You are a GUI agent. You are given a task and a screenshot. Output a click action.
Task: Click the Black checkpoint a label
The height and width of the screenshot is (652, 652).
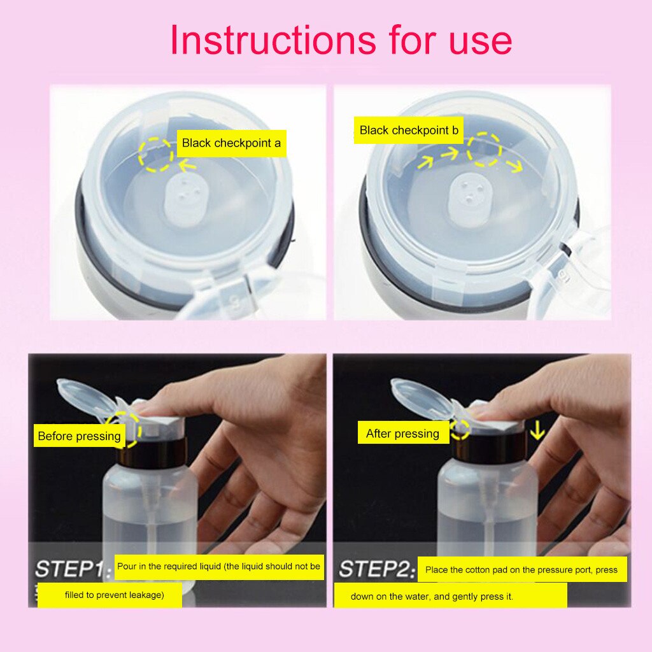click(x=231, y=143)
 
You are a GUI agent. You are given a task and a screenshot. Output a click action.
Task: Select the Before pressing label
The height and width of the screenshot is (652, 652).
click(x=79, y=436)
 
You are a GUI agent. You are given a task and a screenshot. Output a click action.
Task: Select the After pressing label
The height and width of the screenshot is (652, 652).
click(x=402, y=434)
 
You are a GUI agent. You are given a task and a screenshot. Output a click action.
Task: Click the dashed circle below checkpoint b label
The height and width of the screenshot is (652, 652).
click(x=484, y=150)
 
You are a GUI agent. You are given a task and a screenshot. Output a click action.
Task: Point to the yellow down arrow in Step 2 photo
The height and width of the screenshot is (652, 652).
click(x=538, y=431)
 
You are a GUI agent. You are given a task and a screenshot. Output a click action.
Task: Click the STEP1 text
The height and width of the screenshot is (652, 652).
click(x=69, y=569)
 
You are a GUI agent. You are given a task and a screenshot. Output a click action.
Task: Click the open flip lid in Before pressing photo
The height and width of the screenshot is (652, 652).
click(x=86, y=395)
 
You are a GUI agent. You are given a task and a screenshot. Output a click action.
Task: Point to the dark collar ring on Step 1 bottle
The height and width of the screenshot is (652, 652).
click(x=152, y=451)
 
